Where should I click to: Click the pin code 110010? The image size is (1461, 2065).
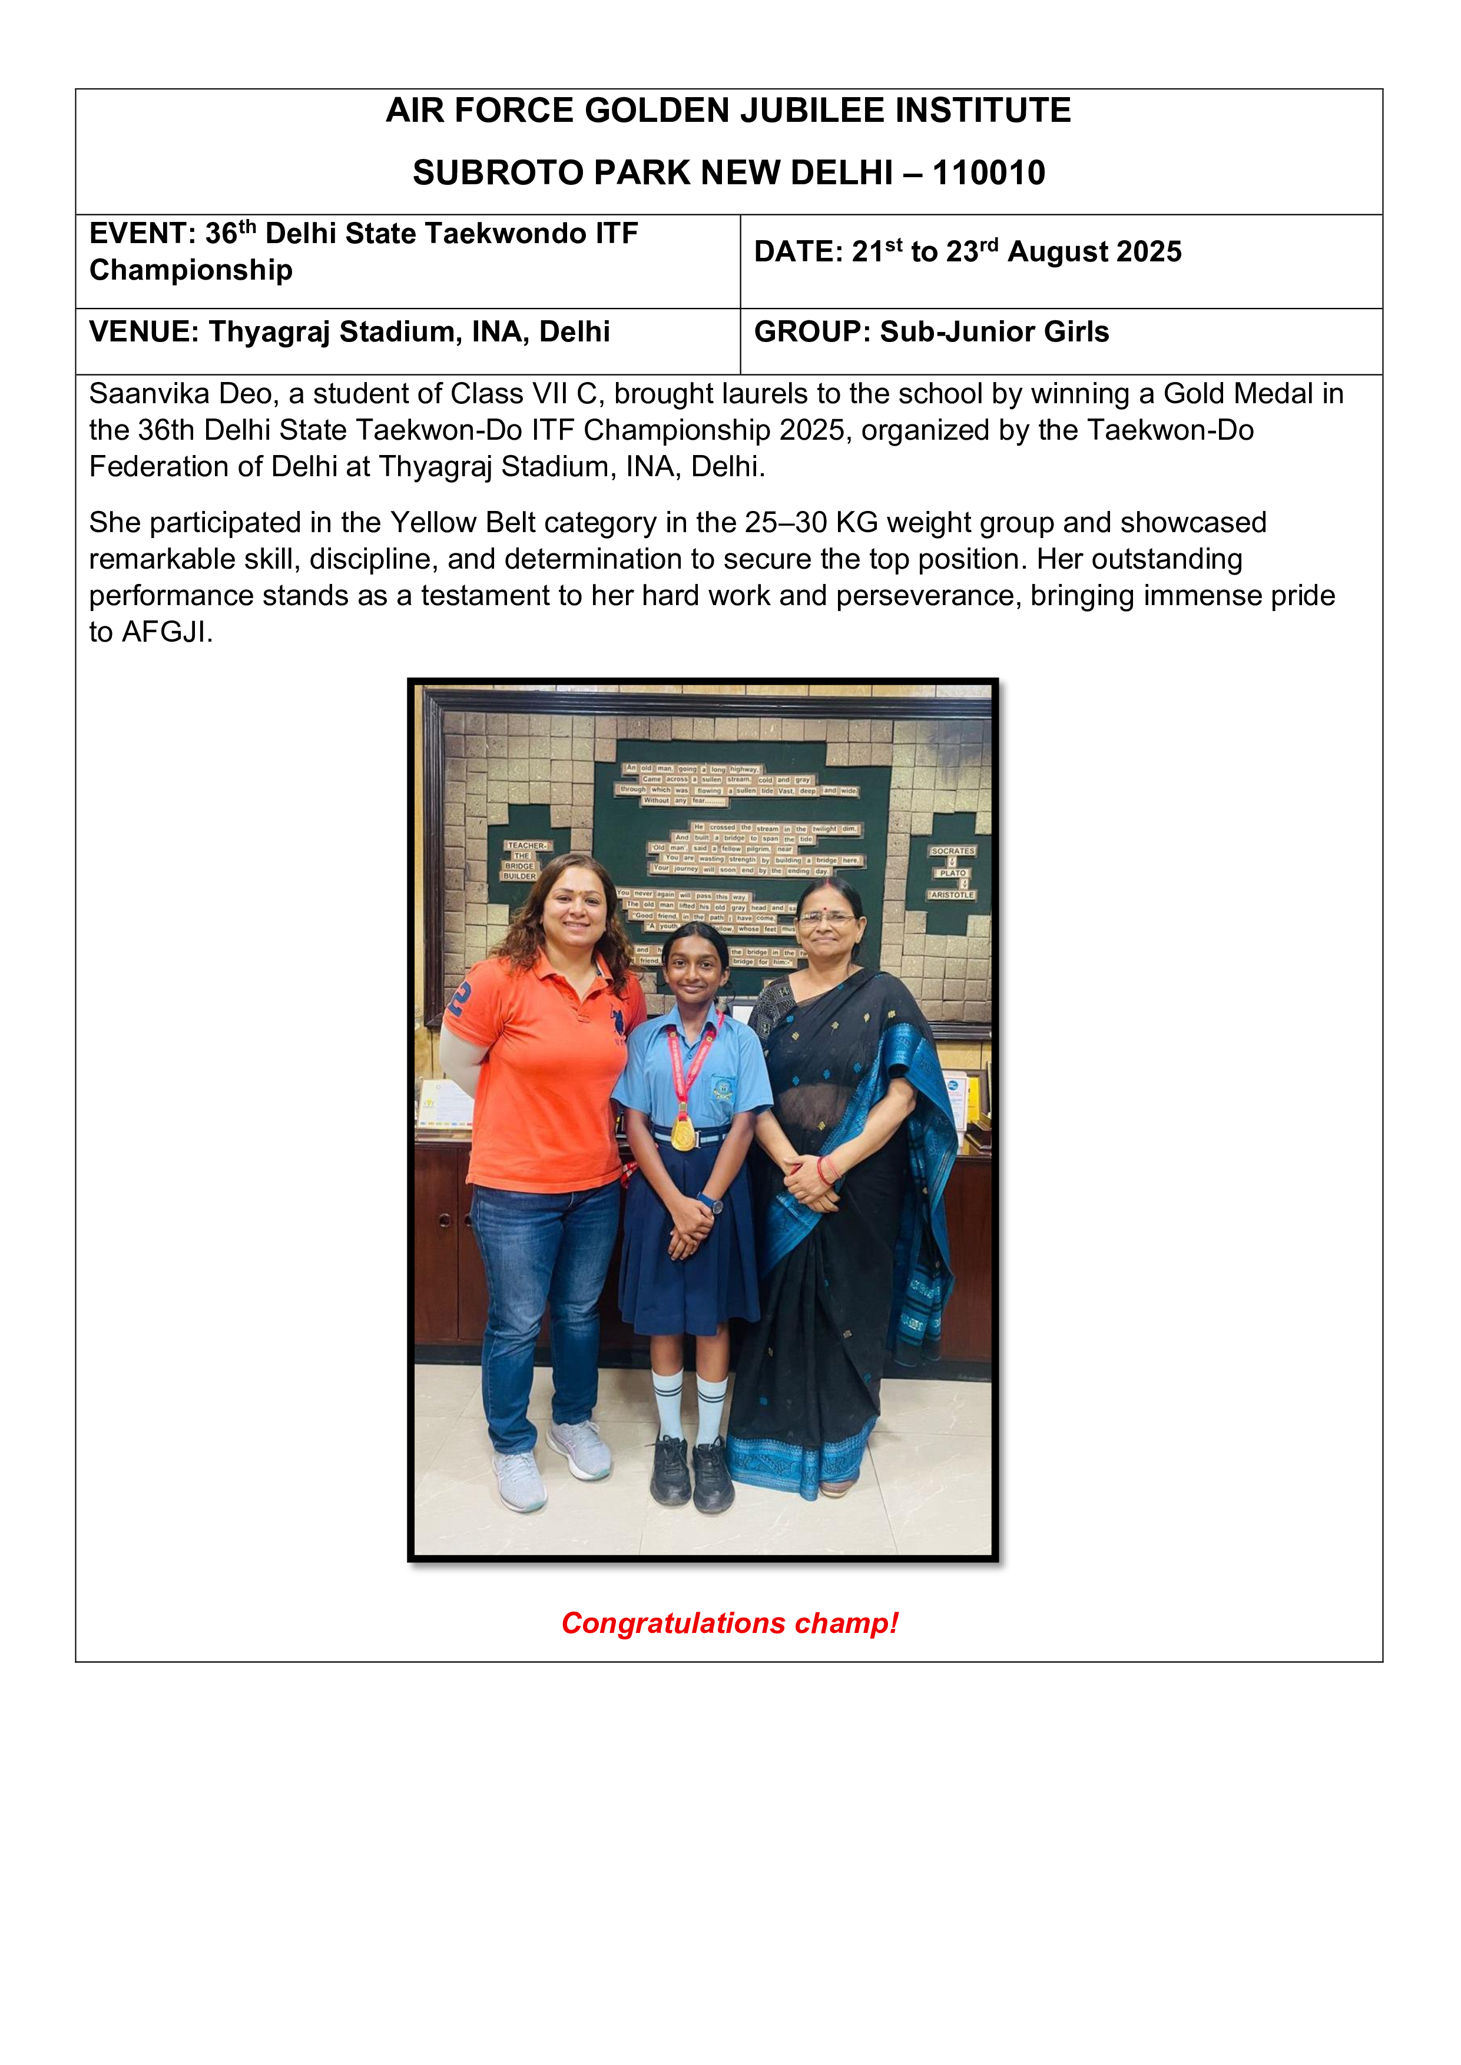pyautogui.click(x=989, y=172)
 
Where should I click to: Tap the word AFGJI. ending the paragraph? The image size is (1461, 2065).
pyautogui.click(x=167, y=632)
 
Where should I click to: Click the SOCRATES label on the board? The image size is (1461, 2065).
pyautogui.click(x=952, y=851)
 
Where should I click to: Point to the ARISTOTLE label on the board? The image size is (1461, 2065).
pyautogui.click(x=952, y=895)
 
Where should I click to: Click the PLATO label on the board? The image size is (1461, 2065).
pyautogui.click(x=952, y=872)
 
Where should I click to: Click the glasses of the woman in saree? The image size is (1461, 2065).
pyautogui.click(x=826, y=918)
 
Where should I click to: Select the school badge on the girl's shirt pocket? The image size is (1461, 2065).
pyautogui.click(x=723, y=1091)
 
